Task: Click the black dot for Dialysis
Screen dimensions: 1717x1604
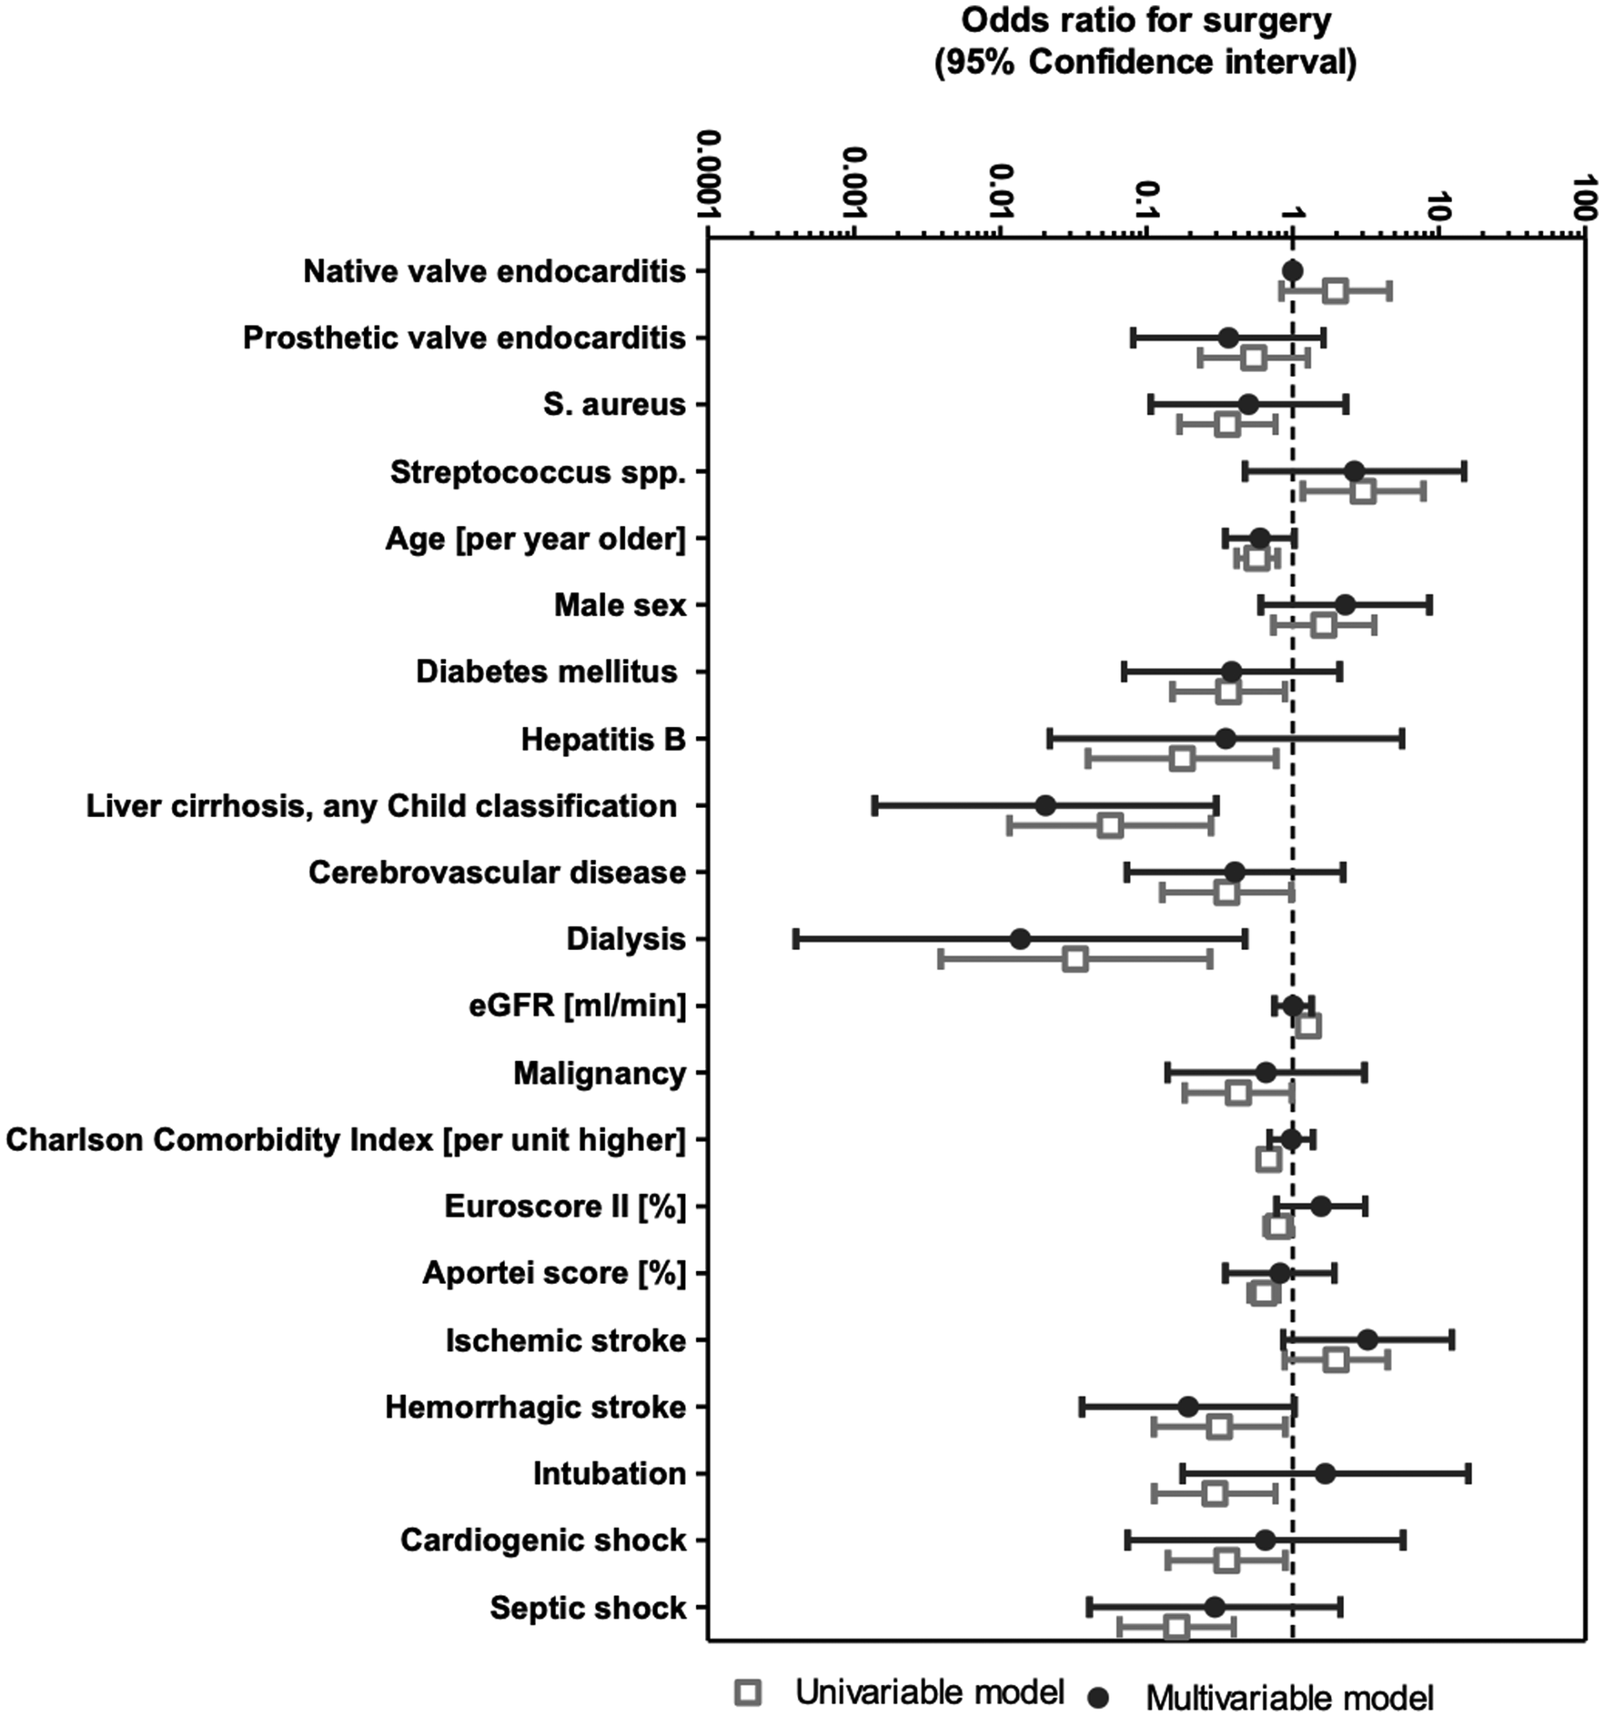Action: point(1020,939)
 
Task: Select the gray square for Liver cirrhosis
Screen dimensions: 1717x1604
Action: point(1109,826)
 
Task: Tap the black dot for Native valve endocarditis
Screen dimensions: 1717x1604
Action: point(1292,270)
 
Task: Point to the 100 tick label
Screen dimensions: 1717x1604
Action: point(1585,197)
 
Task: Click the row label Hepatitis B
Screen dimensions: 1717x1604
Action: point(602,740)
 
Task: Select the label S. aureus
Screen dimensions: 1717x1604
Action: point(614,405)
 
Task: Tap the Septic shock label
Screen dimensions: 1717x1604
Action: point(588,1608)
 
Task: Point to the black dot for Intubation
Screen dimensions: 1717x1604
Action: point(1325,1473)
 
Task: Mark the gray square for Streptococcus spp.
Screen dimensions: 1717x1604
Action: point(1362,492)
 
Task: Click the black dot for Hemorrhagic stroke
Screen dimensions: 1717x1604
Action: point(1187,1407)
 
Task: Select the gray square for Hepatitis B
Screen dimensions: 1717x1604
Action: point(1182,759)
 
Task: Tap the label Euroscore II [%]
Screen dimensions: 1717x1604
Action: point(564,1207)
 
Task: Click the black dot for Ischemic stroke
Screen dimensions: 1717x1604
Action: point(1367,1339)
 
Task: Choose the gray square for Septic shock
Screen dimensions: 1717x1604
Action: point(1176,1627)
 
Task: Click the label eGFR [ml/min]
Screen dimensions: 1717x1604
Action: point(577,1005)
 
